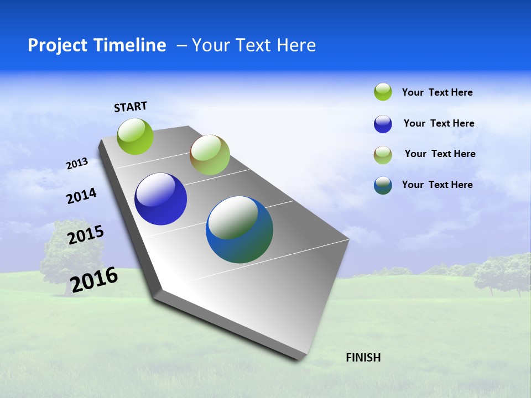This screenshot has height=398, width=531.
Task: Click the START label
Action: point(131,107)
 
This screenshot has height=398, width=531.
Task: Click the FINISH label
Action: point(363,358)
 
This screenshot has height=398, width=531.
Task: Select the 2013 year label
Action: point(77,164)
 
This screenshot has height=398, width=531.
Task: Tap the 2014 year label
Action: point(81,196)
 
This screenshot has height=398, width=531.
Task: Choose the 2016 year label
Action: point(94,280)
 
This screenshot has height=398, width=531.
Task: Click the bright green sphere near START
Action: point(136,137)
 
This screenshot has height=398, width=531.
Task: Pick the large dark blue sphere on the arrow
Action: point(160,199)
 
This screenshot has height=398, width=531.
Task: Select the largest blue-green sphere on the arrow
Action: point(240,229)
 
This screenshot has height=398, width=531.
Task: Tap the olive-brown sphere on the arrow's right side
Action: point(210,155)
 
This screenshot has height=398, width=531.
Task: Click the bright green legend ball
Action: point(383,92)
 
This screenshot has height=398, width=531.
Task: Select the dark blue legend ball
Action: point(383,124)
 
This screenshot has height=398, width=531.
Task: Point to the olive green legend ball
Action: point(383,155)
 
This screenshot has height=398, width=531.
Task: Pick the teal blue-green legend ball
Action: point(383,185)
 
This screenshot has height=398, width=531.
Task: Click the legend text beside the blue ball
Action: point(439,123)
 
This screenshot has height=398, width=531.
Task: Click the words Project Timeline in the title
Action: point(97,45)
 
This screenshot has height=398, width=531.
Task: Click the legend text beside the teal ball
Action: point(437,185)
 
